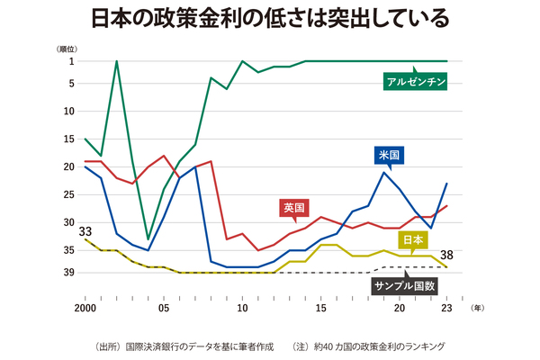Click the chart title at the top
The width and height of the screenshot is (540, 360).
click(x=270, y=19)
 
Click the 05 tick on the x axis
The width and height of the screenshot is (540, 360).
click(x=163, y=307)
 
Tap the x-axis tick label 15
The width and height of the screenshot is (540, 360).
click(x=320, y=307)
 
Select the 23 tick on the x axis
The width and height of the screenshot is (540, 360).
click(x=447, y=307)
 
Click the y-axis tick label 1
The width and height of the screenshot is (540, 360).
click(x=71, y=61)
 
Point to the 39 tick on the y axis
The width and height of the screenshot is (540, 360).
click(x=68, y=272)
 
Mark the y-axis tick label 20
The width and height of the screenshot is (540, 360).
click(x=68, y=166)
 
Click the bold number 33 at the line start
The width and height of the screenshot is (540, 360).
click(x=85, y=230)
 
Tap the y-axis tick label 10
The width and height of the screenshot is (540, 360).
click(x=68, y=114)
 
